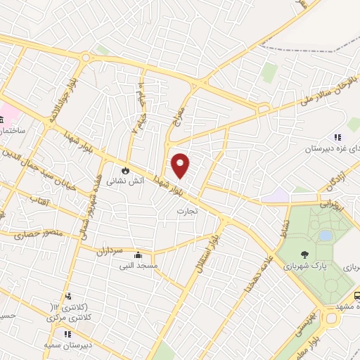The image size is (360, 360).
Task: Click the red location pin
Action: [181, 166]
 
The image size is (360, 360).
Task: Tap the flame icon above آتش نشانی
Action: [125, 170]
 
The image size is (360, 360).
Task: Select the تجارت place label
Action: [187, 210]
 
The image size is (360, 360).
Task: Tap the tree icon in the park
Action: [303, 255]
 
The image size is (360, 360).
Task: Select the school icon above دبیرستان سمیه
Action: [68, 334]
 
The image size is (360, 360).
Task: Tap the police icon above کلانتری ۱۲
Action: [68, 296]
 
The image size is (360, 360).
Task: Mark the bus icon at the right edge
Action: [356, 297]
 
